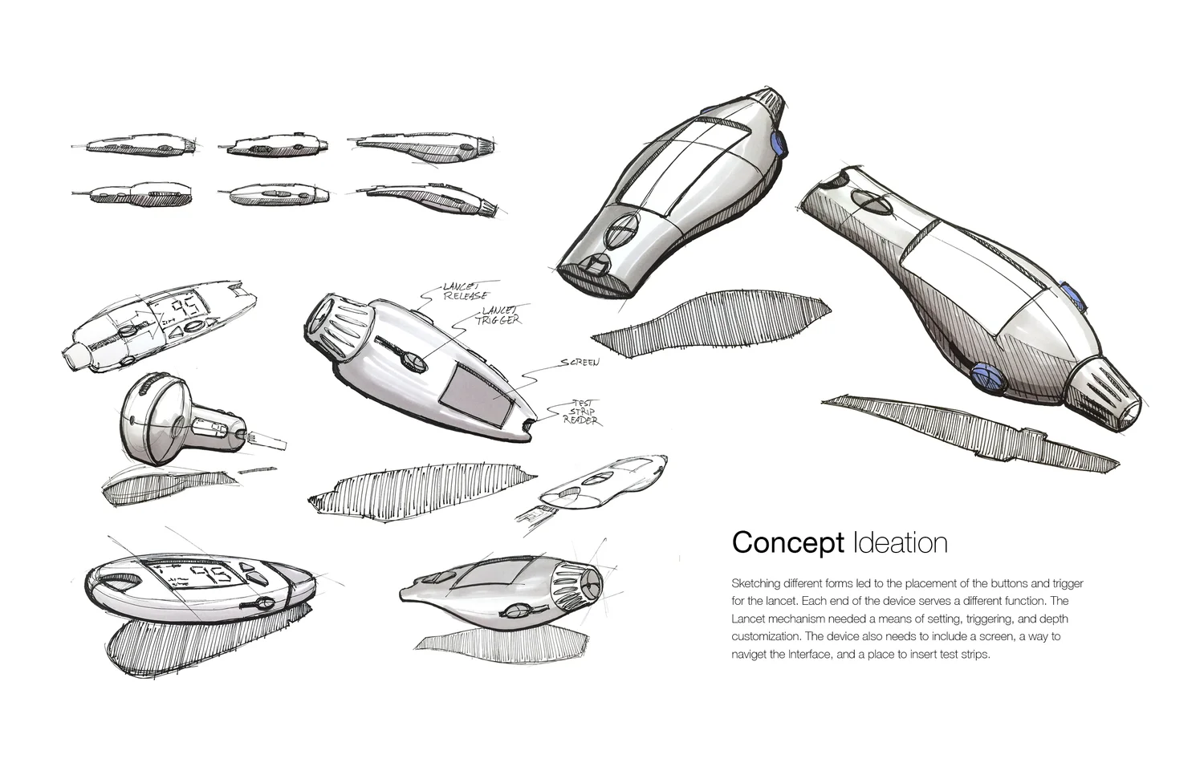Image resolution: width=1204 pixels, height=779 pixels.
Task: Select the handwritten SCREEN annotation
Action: tap(580, 363)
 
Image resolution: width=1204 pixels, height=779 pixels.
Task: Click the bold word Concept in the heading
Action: tap(787, 543)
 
